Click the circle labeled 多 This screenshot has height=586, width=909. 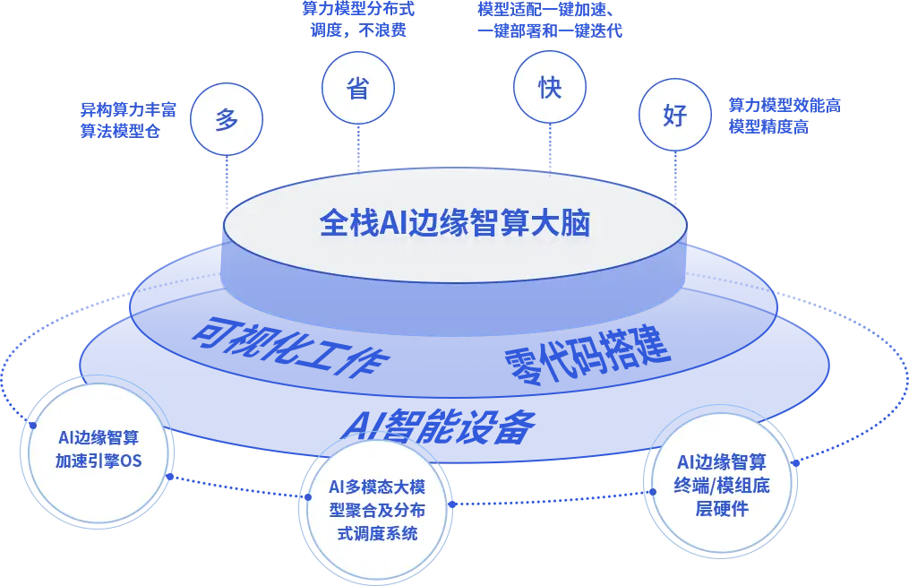(x=227, y=119)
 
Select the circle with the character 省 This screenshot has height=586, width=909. (x=356, y=89)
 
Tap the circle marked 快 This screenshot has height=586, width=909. (x=549, y=88)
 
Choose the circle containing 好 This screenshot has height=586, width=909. (x=673, y=116)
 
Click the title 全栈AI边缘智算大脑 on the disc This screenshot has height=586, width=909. (x=455, y=222)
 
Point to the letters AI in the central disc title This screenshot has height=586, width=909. (x=393, y=223)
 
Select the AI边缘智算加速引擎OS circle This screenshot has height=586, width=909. (x=99, y=450)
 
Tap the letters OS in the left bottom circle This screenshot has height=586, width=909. (x=131, y=461)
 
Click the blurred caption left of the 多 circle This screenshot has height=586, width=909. (x=122, y=120)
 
